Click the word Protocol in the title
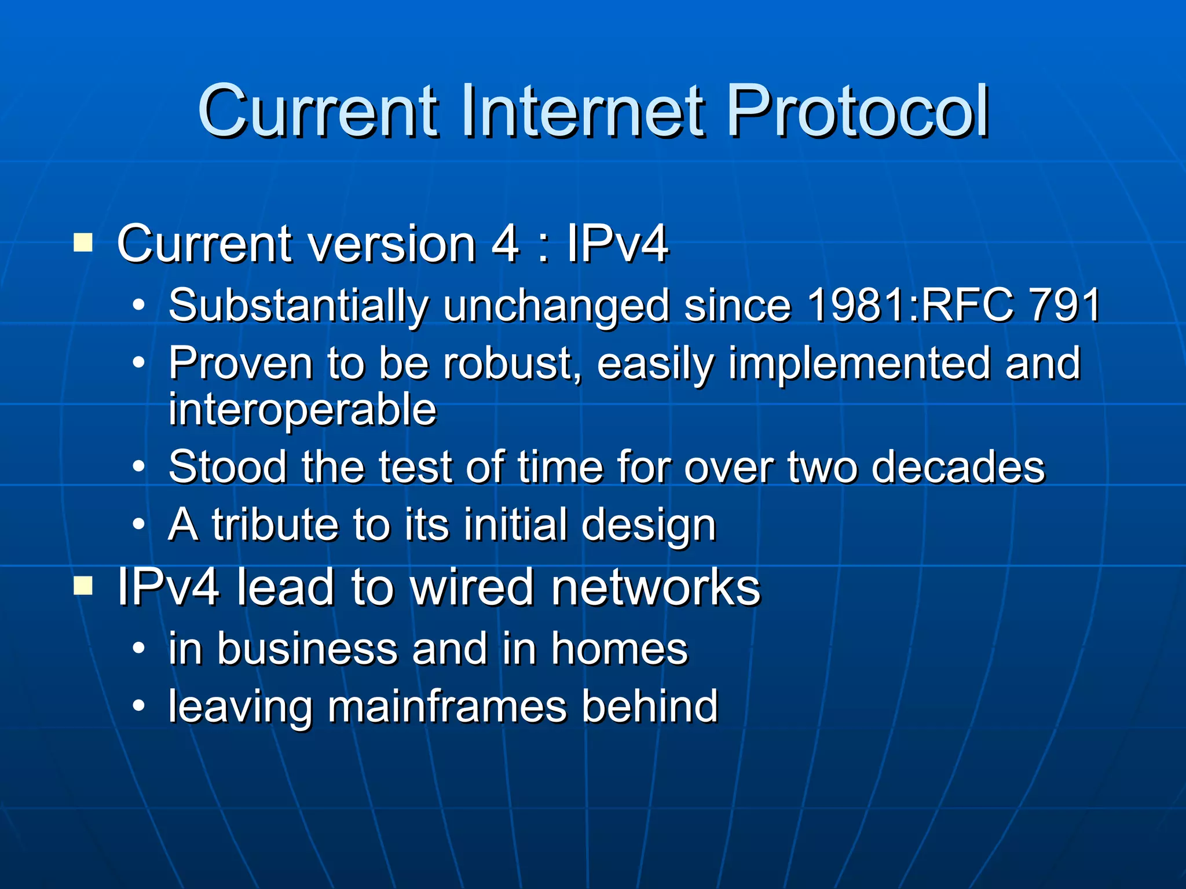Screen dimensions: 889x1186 pyautogui.click(x=857, y=111)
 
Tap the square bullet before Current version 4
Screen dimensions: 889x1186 pyautogui.click(x=83, y=243)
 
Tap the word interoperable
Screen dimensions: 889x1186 pyautogui.click(x=302, y=410)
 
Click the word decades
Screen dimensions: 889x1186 pyautogui.click(x=958, y=466)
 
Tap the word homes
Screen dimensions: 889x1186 pyautogui.click(x=620, y=649)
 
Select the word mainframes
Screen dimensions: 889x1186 pyautogui.click(x=447, y=706)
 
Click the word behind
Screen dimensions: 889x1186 pyautogui.click(x=650, y=706)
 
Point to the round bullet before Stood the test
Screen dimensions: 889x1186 pyautogui.click(x=138, y=466)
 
